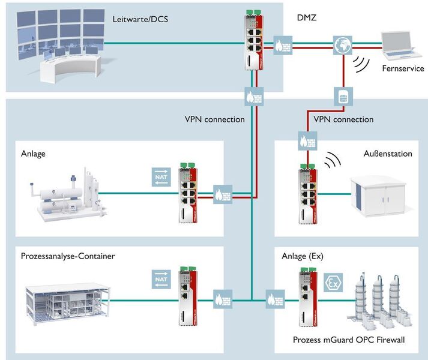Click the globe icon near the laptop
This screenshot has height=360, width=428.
pyautogui.click(x=342, y=44)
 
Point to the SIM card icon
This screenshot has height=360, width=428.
pyautogui.click(x=342, y=95)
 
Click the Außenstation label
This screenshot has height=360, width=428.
pyautogui.click(x=388, y=154)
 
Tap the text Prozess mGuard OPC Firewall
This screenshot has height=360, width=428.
pyautogui.click(x=349, y=340)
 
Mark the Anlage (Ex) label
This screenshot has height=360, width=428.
pyautogui.click(x=303, y=256)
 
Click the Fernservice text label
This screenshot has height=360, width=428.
pyautogui.click(x=403, y=68)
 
